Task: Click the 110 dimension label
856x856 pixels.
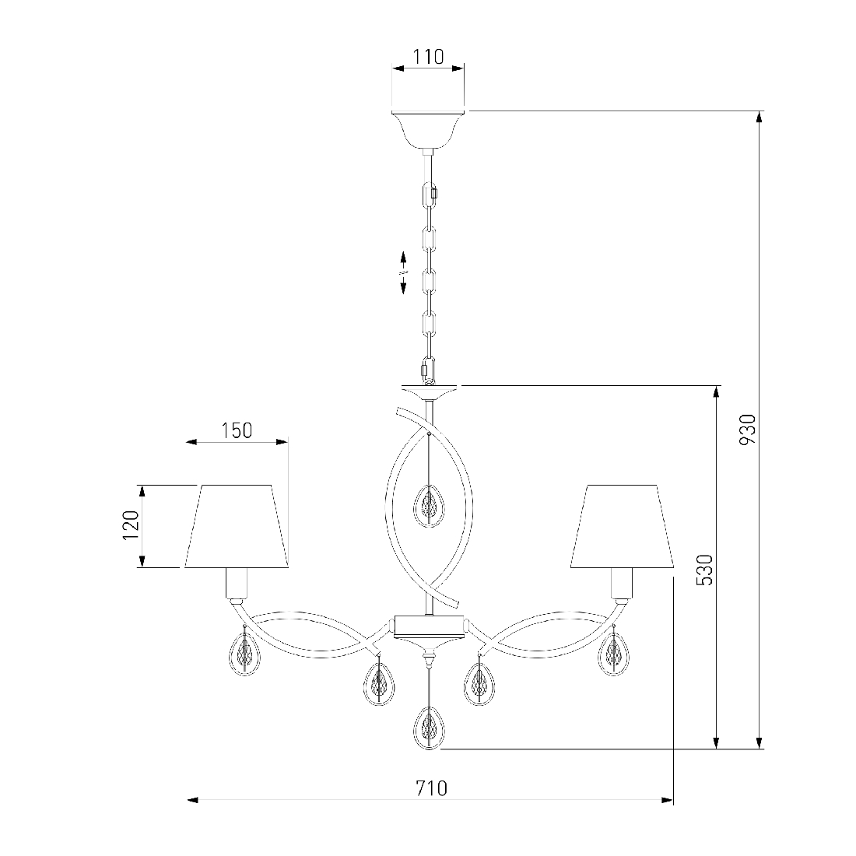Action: click(x=428, y=57)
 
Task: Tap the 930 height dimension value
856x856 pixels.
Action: click(x=747, y=429)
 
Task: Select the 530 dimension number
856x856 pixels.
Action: click(x=705, y=570)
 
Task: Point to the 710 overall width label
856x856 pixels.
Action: click(x=431, y=788)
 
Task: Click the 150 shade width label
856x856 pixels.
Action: click(x=237, y=431)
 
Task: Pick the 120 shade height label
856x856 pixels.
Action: click(x=131, y=525)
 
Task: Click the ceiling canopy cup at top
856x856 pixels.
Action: click(x=429, y=130)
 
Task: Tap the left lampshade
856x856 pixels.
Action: click(x=237, y=526)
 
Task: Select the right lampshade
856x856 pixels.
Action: click(x=622, y=526)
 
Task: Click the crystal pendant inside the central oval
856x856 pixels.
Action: click(x=429, y=506)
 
